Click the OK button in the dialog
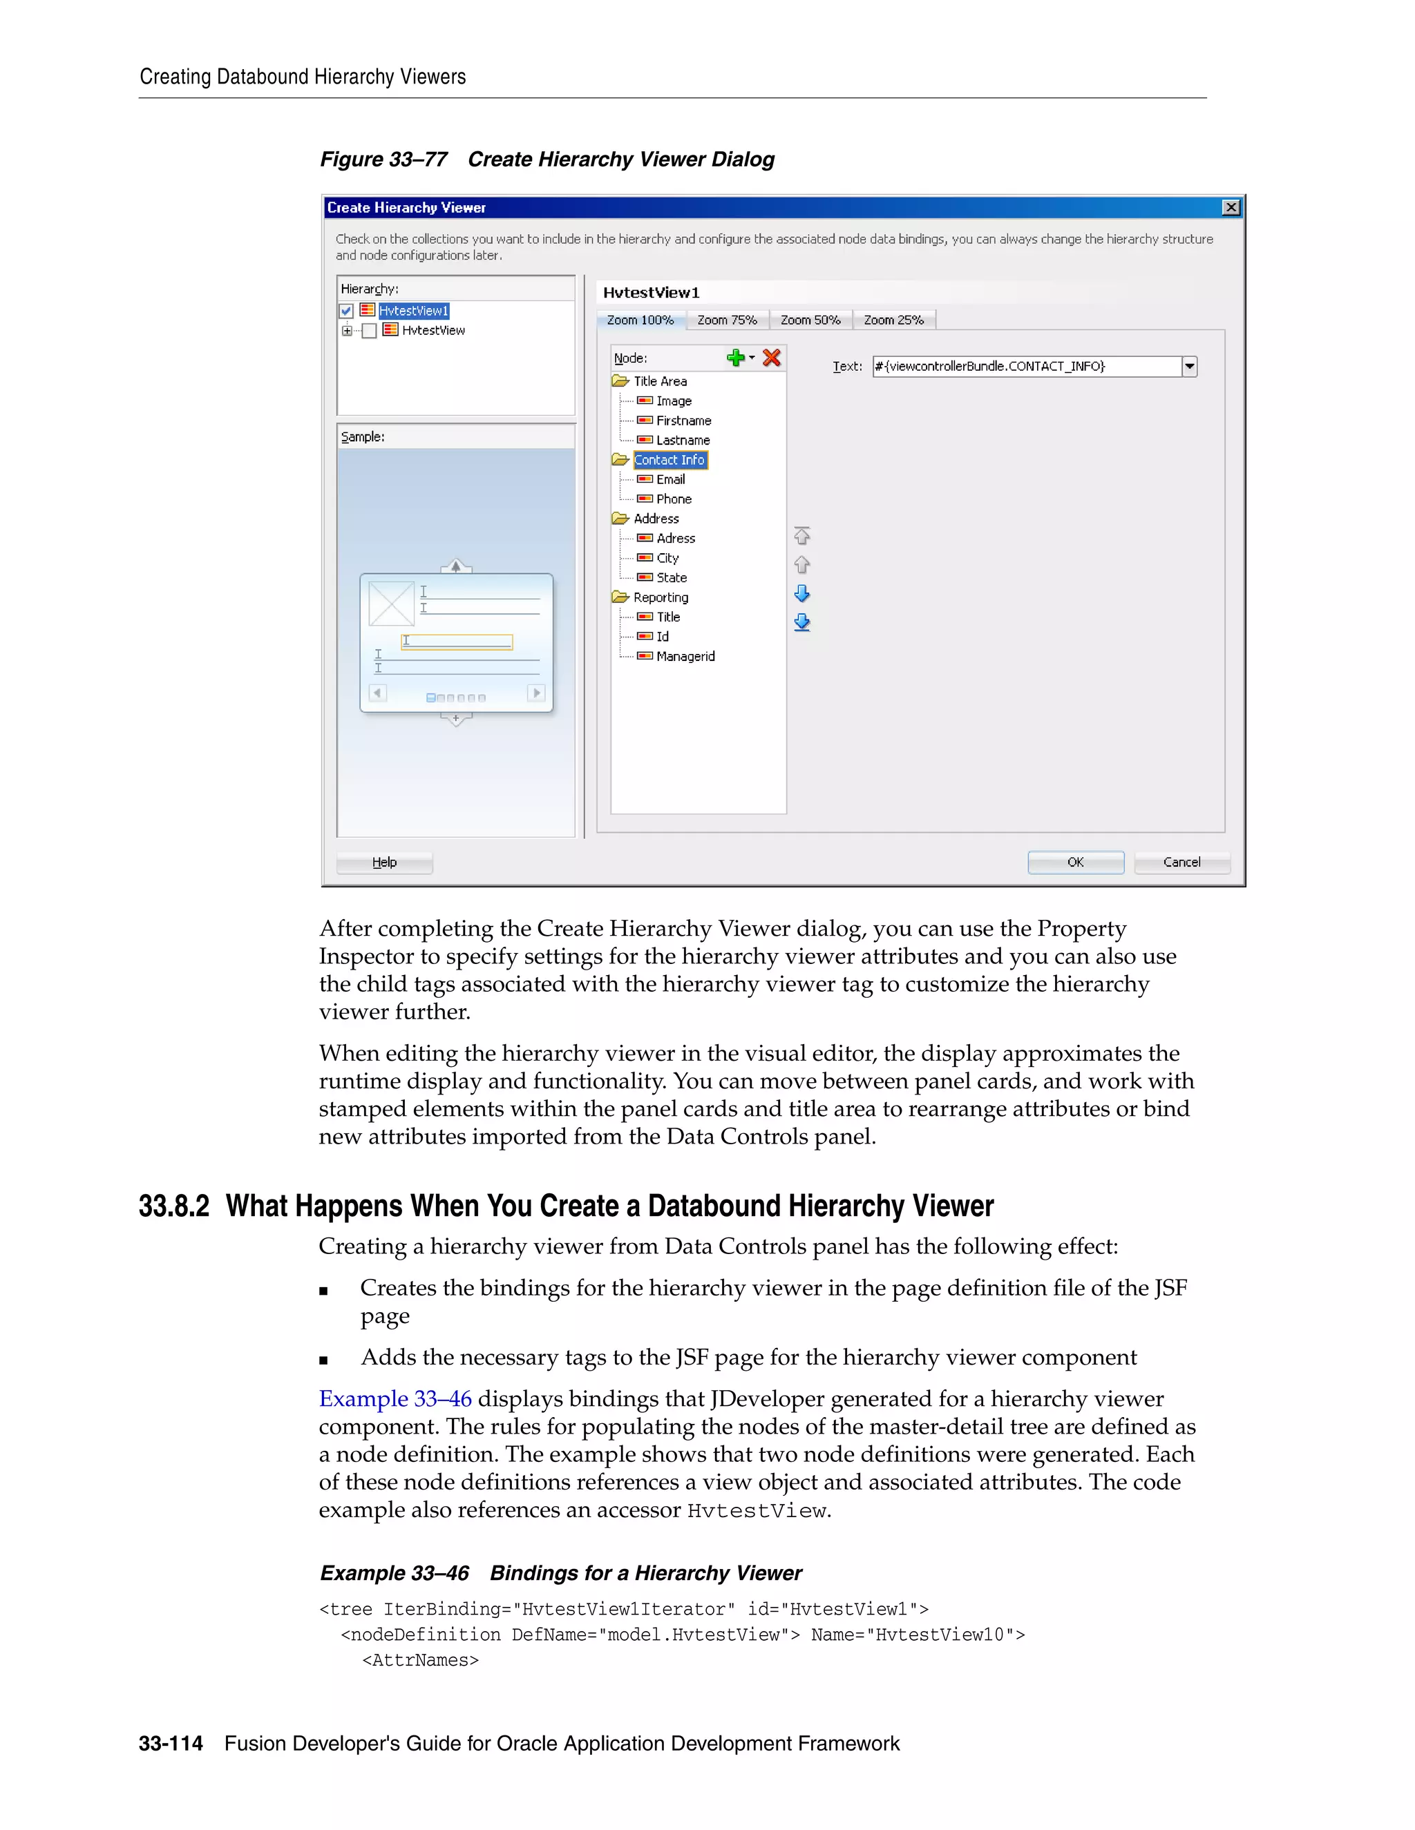(x=1074, y=863)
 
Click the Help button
(x=384, y=863)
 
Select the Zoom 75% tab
(x=727, y=320)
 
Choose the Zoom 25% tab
(x=893, y=320)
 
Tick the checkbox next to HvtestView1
(x=346, y=311)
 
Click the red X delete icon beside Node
(x=771, y=358)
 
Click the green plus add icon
(x=736, y=358)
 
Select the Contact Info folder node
(x=669, y=460)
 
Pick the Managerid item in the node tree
(x=685, y=656)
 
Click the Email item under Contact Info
(x=669, y=479)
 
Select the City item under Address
(x=667, y=558)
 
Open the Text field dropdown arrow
(x=1188, y=366)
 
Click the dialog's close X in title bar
(x=1231, y=207)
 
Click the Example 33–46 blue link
(x=395, y=1398)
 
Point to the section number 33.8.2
(x=173, y=1206)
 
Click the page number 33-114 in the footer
(x=170, y=1744)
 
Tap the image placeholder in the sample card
(x=392, y=604)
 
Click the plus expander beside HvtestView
(x=346, y=330)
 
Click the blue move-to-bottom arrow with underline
(x=801, y=623)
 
